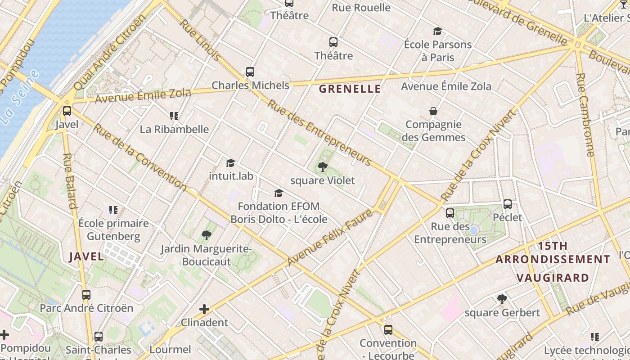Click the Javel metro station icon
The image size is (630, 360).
(67, 111)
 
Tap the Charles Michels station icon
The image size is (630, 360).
(250, 72)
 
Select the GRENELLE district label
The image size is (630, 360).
(350, 89)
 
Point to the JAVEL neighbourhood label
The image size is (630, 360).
(86, 257)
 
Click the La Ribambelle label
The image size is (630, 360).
(174, 130)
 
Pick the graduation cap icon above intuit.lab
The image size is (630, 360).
(231, 163)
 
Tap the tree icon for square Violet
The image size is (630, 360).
(322, 167)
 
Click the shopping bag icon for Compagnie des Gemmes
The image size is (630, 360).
(433, 111)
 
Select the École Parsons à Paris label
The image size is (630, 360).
(437, 51)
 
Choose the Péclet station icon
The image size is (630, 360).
(508, 204)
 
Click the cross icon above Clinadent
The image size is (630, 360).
(204, 309)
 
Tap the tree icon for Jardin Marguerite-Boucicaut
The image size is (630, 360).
(207, 235)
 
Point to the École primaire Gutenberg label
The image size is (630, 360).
(113, 229)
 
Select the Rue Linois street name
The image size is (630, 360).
(201, 40)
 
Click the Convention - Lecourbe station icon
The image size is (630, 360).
(388, 330)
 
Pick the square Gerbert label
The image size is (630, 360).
(502, 313)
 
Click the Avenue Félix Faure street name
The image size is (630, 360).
(329, 238)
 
